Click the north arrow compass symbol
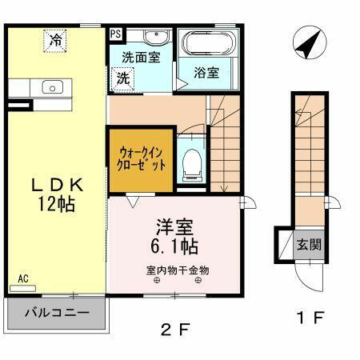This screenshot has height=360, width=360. click(x=308, y=44)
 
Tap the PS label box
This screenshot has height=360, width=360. click(x=116, y=34)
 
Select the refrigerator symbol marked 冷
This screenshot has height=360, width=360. click(x=55, y=39)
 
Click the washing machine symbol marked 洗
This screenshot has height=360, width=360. click(x=122, y=78)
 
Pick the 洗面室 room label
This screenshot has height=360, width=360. click(x=141, y=58)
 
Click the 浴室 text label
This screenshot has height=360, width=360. click(x=206, y=73)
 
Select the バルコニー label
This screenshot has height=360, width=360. click(x=56, y=313)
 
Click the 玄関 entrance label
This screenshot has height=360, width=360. click(x=310, y=244)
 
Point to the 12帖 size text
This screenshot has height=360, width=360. click(x=57, y=205)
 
